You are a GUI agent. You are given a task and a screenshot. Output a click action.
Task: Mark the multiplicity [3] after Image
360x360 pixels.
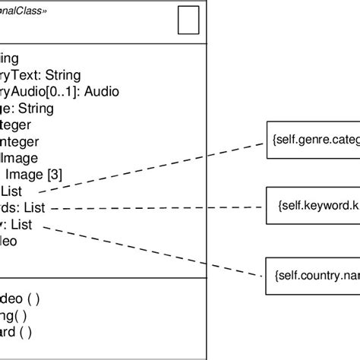click(54, 175)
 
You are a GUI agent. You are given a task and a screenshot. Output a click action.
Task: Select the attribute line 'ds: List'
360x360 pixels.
click(27, 207)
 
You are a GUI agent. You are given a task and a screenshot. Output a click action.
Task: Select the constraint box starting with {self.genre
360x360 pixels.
click(311, 140)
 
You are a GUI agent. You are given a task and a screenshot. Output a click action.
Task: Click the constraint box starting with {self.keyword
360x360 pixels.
click(311, 206)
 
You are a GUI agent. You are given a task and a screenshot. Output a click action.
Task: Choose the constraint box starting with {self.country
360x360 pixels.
click(311, 270)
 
